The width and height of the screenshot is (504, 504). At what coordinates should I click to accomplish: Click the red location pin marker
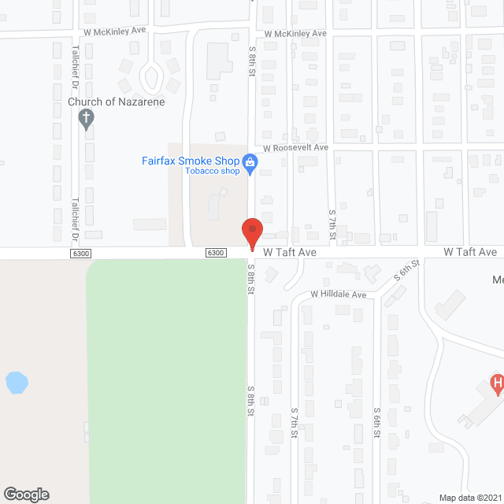point(251,234)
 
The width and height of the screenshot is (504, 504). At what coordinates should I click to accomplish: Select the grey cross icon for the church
point(87,120)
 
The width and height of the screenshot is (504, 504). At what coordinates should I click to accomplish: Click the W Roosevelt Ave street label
point(295,147)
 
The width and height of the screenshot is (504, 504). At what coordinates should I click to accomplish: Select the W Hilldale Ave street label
point(339,295)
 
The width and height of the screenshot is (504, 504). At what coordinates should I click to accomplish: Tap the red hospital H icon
point(497,384)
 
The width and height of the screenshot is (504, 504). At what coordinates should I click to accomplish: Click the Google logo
point(26,495)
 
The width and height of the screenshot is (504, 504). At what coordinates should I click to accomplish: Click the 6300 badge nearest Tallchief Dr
point(81,253)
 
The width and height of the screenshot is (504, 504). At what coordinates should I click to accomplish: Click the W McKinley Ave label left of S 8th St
point(115,31)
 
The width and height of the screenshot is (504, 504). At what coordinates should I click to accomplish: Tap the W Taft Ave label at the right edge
point(470,252)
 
